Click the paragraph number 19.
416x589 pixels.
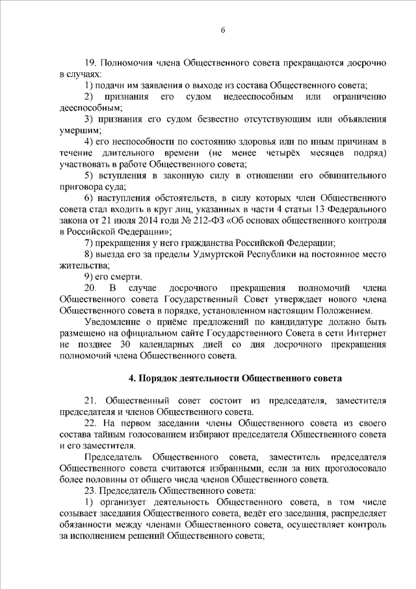pyautogui.click(x=91, y=64)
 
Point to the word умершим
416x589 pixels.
pyautogui.click(x=77, y=131)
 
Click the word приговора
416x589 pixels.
pyautogui.click(x=79, y=186)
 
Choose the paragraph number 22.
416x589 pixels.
pyautogui.click(x=91, y=423)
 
